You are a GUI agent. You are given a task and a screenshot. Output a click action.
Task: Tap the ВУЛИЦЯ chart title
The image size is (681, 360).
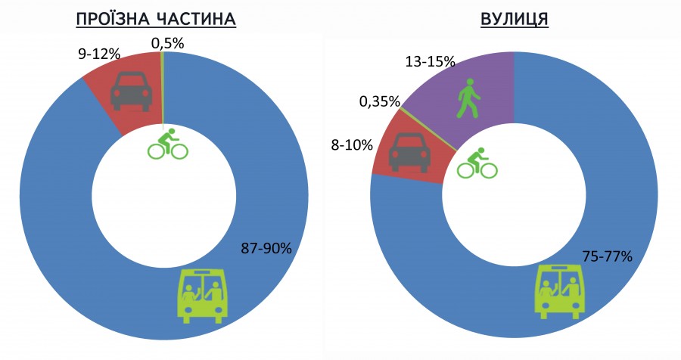[x=514, y=18]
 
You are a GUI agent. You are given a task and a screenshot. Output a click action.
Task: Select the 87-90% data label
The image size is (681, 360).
[x=266, y=248]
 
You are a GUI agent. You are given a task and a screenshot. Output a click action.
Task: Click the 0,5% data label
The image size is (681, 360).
[x=167, y=43]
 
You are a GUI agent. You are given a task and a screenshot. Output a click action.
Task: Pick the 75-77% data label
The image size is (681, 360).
[x=607, y=255]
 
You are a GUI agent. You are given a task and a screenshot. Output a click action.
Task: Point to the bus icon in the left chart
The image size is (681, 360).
[x=203, y=293]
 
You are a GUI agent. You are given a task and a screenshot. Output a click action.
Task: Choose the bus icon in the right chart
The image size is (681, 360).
[x=561, y=290]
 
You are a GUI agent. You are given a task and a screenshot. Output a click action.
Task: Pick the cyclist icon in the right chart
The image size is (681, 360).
[x=477, y=163]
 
